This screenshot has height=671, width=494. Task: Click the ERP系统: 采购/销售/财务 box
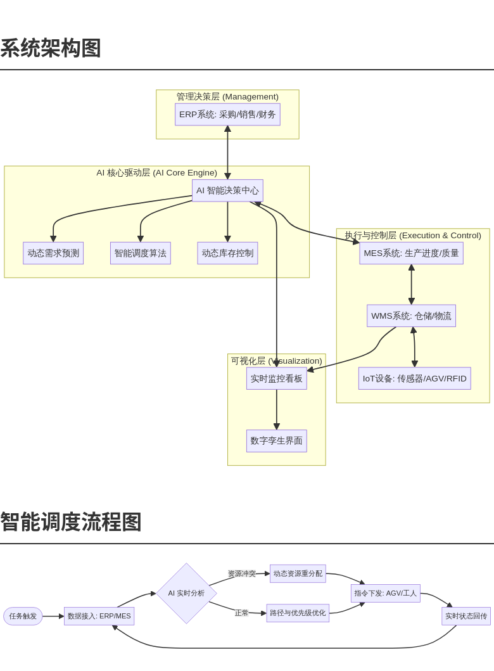click(x=227, y=115)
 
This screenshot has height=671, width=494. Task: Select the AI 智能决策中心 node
click(x=227, y=191)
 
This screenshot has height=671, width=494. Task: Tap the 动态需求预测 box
click(x=53, y=253)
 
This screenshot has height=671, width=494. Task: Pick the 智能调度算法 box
click(x=141, y=253)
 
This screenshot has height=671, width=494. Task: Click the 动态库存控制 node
click(x=227, y=253)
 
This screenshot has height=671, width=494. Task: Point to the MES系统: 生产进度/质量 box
click(x=411, y=253)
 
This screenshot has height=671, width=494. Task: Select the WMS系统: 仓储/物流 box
click(x=411, y=316)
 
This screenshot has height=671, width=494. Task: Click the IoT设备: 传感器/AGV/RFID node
click(x=414, y=378)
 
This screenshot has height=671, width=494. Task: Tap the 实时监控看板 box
click(x=277, y=378)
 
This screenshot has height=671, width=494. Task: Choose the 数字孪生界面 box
click(x=277, y=441)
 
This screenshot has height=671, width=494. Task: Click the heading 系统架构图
click(x=51, y=48)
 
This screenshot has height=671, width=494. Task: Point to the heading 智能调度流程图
click(x=71, y=522)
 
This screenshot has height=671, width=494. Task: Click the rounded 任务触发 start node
click(x=23, y=617)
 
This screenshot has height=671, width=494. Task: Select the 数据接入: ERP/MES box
click(x=99, y=617)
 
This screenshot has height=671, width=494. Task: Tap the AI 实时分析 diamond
click(x=186, y=594)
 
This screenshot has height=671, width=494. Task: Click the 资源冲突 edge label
click(x=242, y=574)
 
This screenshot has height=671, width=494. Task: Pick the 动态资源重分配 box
click(x=298, y=574)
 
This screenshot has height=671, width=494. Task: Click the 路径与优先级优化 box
click(x=298, y=613)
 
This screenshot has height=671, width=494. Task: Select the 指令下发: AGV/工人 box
click(x=385, y=594)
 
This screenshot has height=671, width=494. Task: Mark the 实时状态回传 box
click(x=466, y=617)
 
